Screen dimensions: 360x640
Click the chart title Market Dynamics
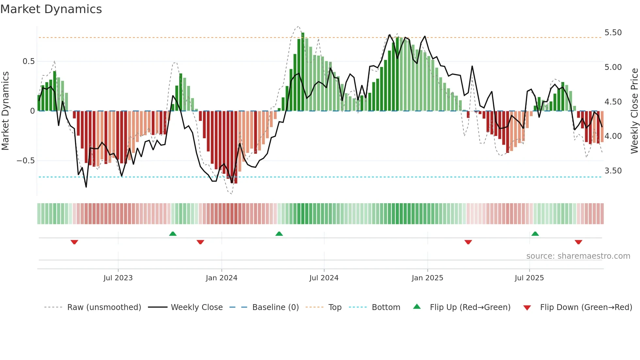tap(51, 9)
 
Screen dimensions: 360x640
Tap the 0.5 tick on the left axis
tap(28, 61)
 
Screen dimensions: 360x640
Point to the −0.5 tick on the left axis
tap(26, 161)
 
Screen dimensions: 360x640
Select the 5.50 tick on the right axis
tap(613, 33)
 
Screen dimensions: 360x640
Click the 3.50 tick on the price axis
tap(613, 171)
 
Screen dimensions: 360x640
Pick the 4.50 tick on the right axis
tap(613, 102)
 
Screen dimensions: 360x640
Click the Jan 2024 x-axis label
tap(221, 278)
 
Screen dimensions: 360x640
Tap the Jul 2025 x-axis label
tap(529, 278)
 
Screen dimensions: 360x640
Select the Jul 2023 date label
tap(118, 278)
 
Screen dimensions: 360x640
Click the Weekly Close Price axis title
tap(634, 111)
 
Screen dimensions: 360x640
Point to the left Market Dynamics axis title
tap(5, 111)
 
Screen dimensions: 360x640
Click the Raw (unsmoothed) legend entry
tap(104, 307)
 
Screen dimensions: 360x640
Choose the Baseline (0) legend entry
tap(275, 307)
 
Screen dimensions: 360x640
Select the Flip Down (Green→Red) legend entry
tap(586, 307)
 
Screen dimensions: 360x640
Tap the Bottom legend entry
tap(386, 307)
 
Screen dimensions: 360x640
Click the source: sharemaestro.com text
tap(578, 256)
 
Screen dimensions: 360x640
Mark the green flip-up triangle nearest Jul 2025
tap(535, 234)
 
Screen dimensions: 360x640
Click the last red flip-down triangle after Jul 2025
tap(578, 242)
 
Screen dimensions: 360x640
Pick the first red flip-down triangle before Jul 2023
tap(74, 242)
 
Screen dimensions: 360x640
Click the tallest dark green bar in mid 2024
tap(303, 72)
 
